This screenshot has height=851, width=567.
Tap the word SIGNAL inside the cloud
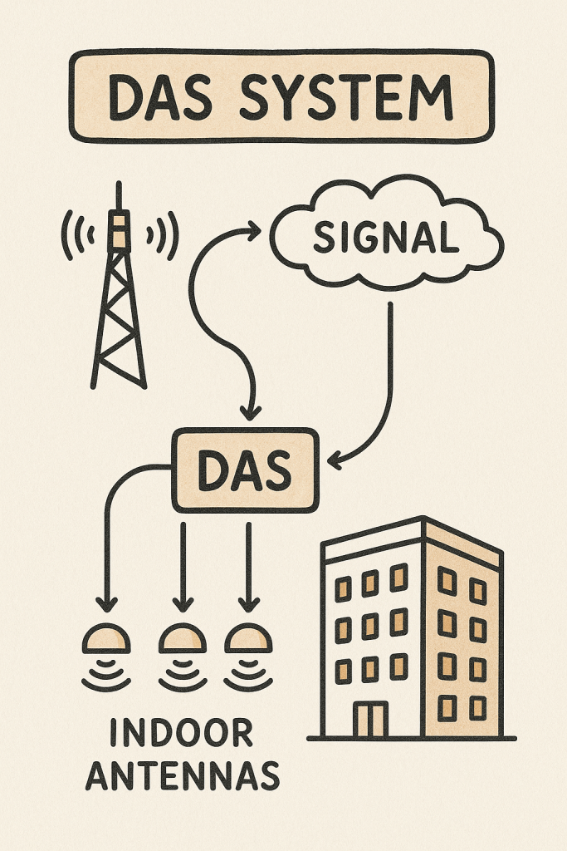386,238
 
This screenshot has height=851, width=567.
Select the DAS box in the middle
244,470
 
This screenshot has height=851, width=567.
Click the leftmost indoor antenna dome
107,639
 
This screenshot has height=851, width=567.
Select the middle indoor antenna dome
182,639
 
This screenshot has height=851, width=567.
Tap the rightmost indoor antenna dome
247,639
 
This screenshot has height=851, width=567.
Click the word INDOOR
181,734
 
